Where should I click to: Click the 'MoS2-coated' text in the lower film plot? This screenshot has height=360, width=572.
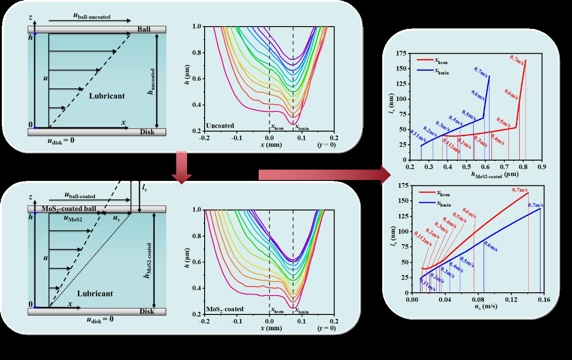point(224,309)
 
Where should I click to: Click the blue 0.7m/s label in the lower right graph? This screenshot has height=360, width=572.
point(535,205)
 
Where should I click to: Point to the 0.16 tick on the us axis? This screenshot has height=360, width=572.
point(544,300)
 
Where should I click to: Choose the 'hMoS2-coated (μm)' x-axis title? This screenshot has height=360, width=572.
point(477,174)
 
